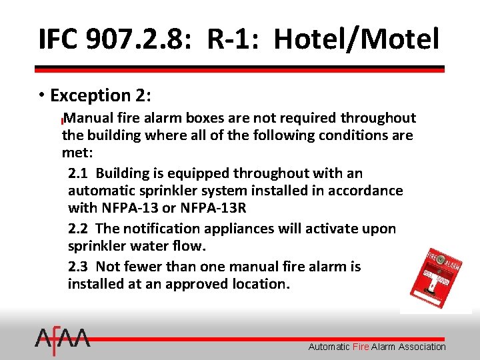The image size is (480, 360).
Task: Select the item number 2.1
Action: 78,173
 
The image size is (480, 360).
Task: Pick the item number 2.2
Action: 78,229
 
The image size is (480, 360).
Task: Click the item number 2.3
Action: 78,267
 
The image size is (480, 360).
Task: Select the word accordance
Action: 365,191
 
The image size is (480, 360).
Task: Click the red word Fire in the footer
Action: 361,347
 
